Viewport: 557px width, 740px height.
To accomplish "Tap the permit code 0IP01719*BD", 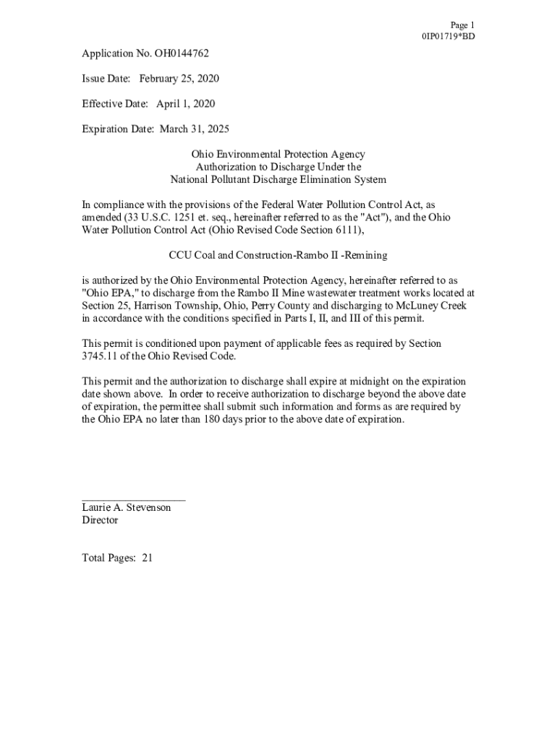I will click(x=448, y=37).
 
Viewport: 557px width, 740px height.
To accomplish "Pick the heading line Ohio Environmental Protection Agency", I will click(x=278, y=155).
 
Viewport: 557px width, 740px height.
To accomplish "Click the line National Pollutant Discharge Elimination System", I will click(x=278, y=180).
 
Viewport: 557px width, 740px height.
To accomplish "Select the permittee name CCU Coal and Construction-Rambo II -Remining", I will click(x=278, y=255).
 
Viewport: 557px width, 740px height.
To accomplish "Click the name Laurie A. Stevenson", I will click(x=126, y=507).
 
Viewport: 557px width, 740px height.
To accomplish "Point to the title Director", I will click(x=100, y=520).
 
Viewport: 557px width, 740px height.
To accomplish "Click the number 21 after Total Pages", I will click(x=147, y=558).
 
